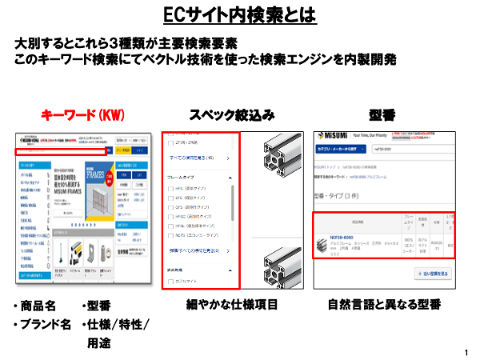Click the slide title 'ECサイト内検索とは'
239,16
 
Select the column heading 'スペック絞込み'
232,115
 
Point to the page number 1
466,352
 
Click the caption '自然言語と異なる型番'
384,305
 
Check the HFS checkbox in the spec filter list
170,189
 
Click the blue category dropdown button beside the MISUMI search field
334,149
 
